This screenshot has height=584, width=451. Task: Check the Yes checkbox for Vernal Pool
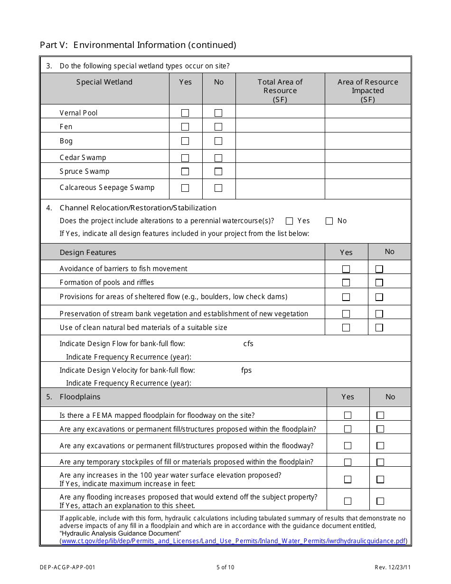click(x=185, y=113)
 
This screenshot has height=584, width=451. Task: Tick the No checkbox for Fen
click(x=218, y=127)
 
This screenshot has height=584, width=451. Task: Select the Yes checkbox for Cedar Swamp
click(x=185, y=158)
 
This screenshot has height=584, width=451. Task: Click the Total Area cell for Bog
click(x=280, y=141)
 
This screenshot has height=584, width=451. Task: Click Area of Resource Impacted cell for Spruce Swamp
click(x=368, y=171)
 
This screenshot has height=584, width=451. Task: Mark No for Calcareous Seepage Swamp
click(x=218, y=188)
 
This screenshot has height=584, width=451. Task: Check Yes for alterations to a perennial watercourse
click(x=290, y=221)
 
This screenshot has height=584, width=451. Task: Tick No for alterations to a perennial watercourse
click(x=329, y=221)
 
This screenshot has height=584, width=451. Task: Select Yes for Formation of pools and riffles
click(x=346, y=283)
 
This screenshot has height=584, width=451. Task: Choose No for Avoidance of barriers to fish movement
click(x=379, y=269)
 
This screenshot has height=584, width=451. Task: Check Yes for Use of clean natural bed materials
click(x=346, y=328)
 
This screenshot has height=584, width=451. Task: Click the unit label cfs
click(x=248, y=344)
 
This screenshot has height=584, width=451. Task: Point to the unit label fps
click(x=246, y=370)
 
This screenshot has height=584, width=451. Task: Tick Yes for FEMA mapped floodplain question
click(x=348, y=415)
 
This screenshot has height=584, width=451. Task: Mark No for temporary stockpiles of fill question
click(x=380, y=462)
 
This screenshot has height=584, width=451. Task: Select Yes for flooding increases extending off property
click(x=348, y=501)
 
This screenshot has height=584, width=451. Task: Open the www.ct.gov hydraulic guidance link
click(x=234, y=541)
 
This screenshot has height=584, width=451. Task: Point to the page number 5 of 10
click(x=225, y=567)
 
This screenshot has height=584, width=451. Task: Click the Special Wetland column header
click(x=104, y=82)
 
